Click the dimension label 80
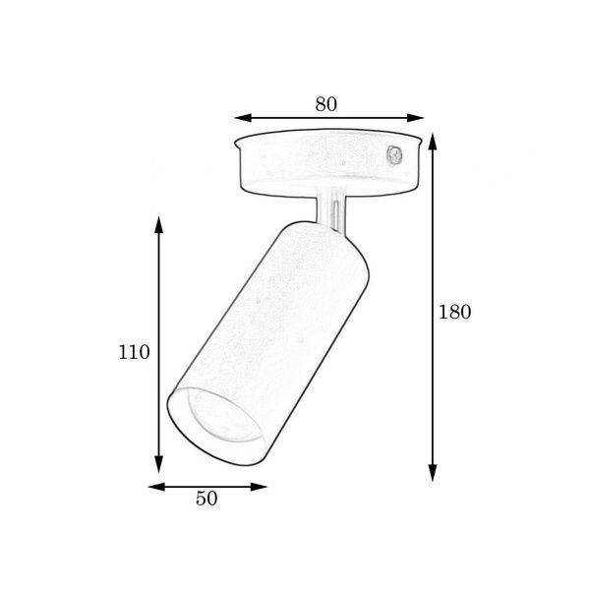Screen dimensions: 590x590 pos(326,104)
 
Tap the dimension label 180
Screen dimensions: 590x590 pos(455,312)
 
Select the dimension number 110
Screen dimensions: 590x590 pos(134,352)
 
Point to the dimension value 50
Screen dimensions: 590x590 pos(206,499)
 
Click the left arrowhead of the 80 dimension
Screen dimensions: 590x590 pos(243,118)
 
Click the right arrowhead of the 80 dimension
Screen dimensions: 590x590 pos(415,118)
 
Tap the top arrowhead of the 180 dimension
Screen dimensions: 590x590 pos(433,142)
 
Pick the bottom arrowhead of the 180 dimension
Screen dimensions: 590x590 pos(433,473)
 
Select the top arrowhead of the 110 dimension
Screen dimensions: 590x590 pos(158,225)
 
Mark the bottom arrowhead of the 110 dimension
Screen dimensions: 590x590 pos(158,463)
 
